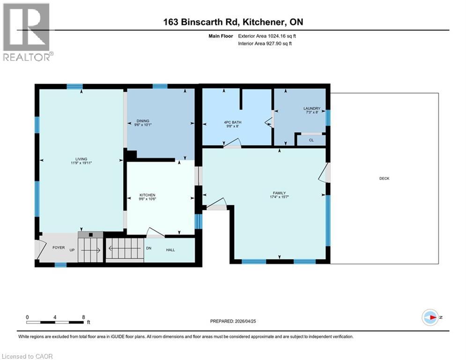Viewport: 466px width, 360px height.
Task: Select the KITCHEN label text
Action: coord(147,195)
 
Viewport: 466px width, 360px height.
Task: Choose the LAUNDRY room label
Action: coord(311,109)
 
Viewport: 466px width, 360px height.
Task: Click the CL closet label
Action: coord(311,140)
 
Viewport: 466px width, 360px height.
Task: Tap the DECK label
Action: coord(384,178)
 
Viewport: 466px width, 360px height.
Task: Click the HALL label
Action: coord(170,250)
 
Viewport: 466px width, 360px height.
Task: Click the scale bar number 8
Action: coord(83,317)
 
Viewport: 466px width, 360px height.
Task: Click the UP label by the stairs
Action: coord(72,250)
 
